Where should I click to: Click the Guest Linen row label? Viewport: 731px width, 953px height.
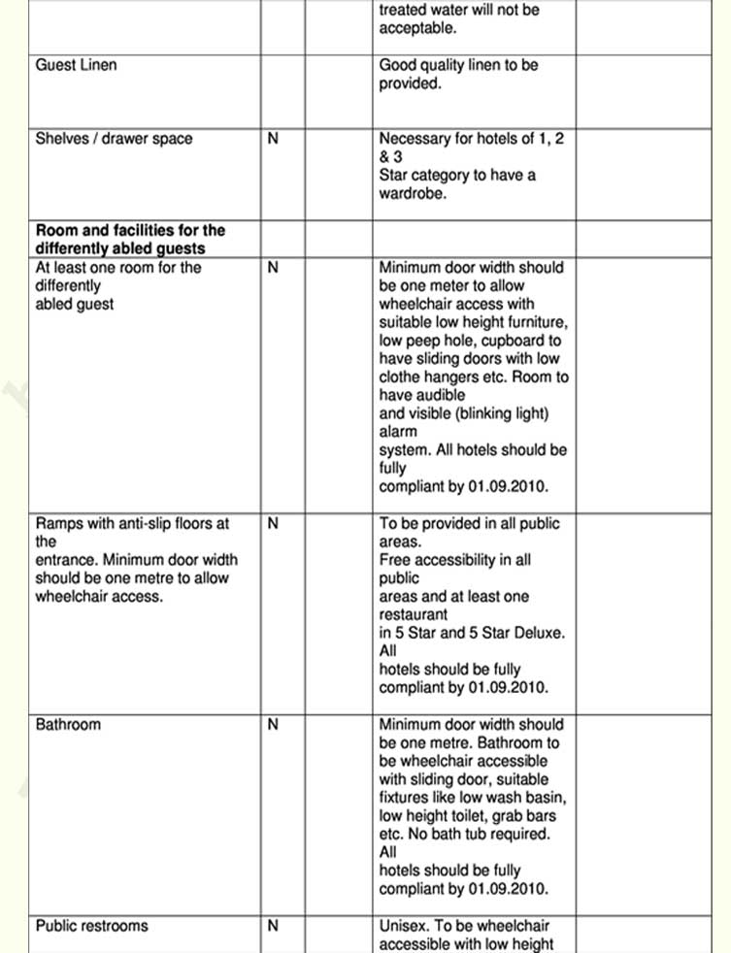(76, 65)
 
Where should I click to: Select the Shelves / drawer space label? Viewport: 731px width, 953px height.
(114, 139)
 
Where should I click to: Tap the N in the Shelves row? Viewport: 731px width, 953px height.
(273, 139)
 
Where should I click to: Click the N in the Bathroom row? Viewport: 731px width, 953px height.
(273, 725)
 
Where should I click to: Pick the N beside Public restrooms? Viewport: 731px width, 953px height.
(273, 926)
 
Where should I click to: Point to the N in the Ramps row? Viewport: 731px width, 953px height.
(273, 524)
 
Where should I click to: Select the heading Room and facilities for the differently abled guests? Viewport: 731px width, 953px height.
(129, 240)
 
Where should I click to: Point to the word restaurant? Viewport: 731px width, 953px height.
(414, 614)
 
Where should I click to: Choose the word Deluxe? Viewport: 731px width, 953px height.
(538, 633)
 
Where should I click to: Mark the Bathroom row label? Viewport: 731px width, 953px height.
(68, 725)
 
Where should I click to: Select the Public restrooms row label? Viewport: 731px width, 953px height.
(92, 926)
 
